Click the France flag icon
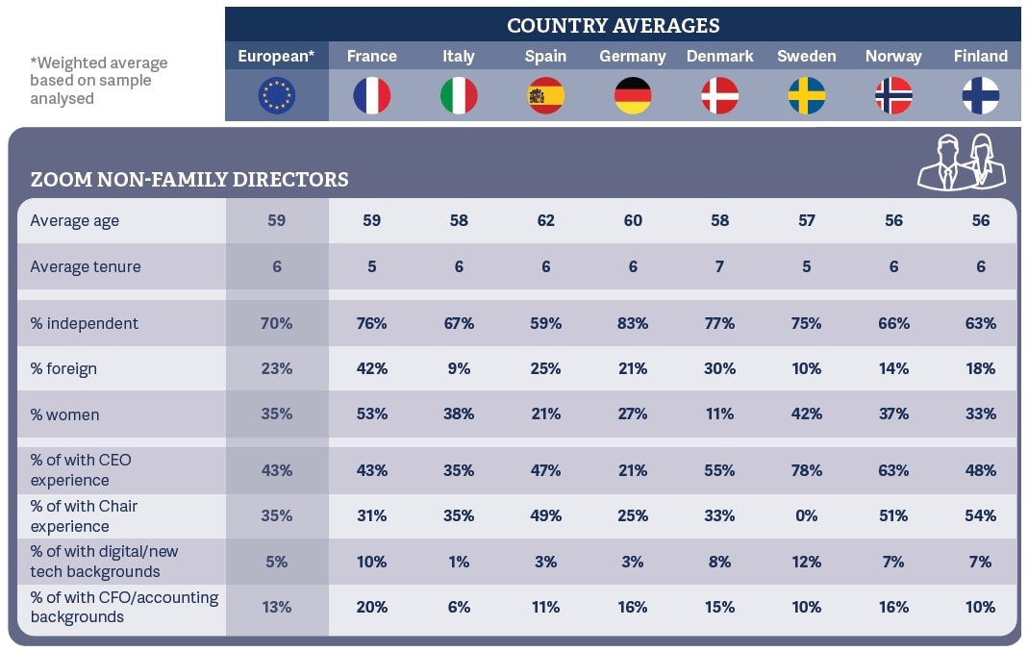tap(371, 95)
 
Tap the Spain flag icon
tap(545, 95)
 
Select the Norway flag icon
tap(893, 95)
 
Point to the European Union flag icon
tap(277, 95)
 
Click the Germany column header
tap(633, 56)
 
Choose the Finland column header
tap(980, 56)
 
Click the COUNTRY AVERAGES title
tap(613, 26)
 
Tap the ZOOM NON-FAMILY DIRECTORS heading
tap(189, 180)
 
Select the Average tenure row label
tap(86, 266)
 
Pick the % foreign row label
tap(63, 368)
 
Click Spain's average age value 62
tap(545, 220)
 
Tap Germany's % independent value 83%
tap(633, 323)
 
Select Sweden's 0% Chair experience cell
tap(806, 515)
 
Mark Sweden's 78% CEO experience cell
tap(806, 470)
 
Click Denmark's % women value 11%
tap(719, 414)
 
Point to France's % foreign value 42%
tap(371, 368)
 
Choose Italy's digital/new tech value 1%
tap(459, 562)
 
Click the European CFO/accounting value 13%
tap(277, 607)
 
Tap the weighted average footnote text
tap(98, 81)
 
